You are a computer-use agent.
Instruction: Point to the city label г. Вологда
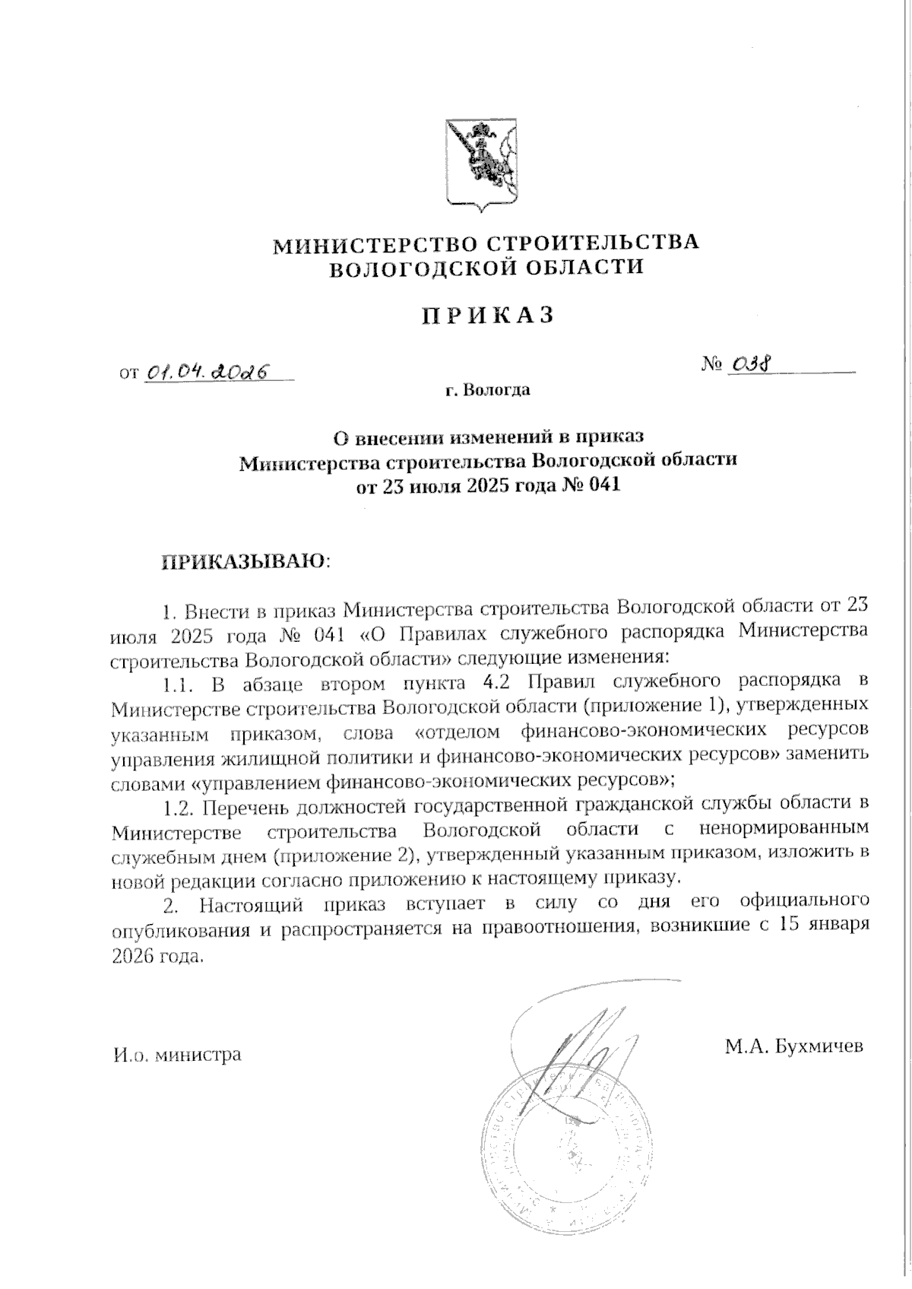[x=487, y=391]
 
